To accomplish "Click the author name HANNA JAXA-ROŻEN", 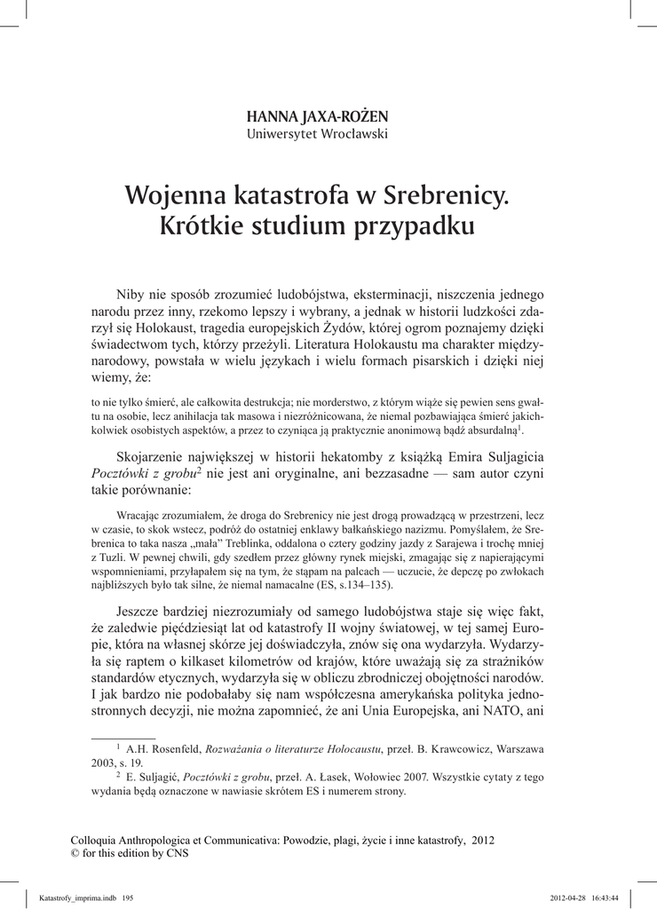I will click(317, 116).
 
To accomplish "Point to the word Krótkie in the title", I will click(199, 225).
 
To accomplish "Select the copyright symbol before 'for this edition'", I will click(75, 854).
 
